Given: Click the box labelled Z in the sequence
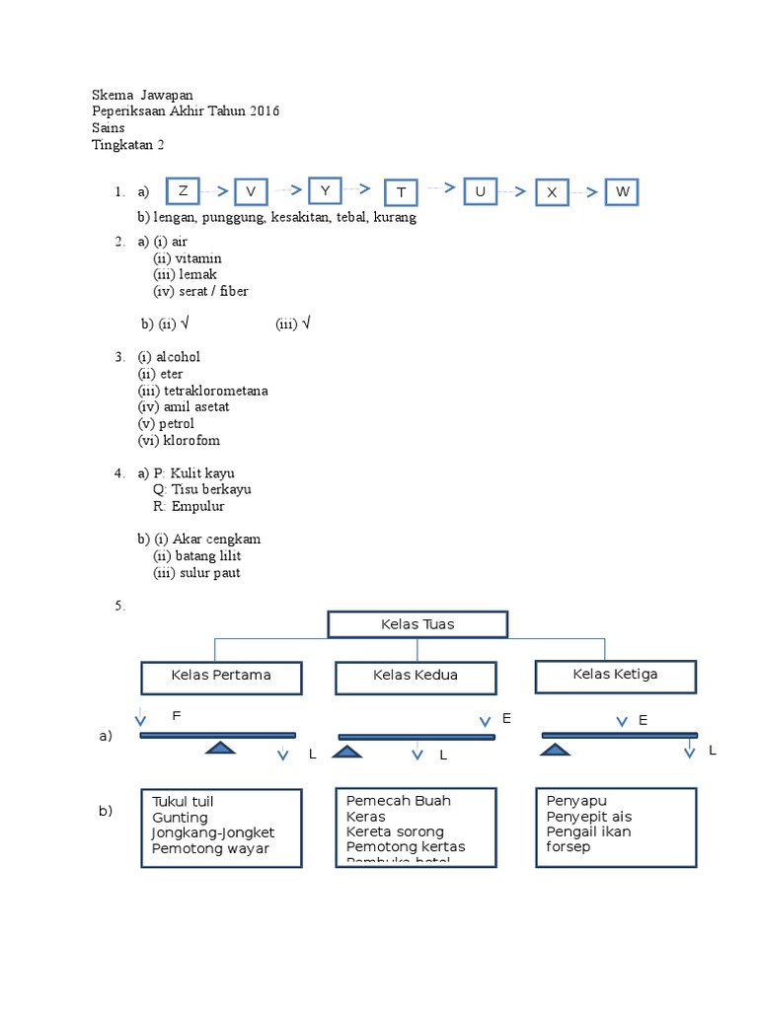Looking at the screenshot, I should coord(183,190).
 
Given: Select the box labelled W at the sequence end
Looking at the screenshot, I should coord(622,191).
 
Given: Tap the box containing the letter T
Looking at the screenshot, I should coord(401,192).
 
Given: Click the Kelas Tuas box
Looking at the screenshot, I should coord(417,624).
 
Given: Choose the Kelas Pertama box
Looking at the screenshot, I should coord(221,677).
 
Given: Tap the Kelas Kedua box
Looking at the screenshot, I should coord(416,677).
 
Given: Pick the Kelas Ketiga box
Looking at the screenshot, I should coord(615,676).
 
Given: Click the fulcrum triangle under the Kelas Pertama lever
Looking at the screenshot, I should coord(221,748).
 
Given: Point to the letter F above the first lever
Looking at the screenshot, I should coord(177,715).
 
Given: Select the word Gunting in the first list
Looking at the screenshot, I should coord(180,818).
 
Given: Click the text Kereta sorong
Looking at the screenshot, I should coord(395,831).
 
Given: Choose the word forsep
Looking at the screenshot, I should coord(568,846).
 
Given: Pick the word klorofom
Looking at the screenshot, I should coord(191,441).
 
